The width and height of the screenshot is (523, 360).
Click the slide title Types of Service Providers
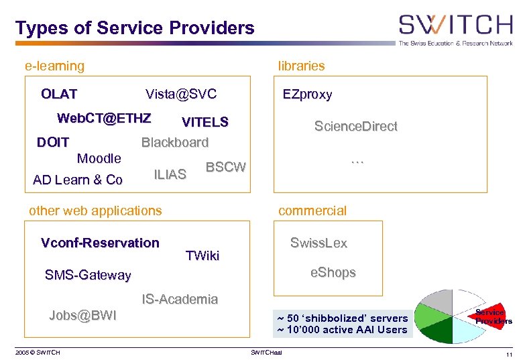coord(135,28)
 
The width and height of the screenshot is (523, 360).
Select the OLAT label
coord(59,94)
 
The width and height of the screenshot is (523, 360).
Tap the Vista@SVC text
coord(181,94)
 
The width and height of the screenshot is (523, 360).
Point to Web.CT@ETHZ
coord(104,119)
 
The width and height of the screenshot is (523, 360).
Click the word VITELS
coord(205,122)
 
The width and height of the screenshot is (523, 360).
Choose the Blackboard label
coord(174,142)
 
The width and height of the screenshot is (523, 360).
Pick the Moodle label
coord(99,159)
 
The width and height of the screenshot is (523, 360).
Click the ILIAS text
coord(170,175)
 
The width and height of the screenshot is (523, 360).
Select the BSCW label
coord(225,167)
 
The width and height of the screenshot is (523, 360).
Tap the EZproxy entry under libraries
coord(307,95)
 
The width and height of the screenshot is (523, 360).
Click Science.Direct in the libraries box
coord(356,126)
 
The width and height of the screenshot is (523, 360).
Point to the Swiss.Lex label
coord(318,243)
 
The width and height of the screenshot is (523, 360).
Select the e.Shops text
coord(333,273)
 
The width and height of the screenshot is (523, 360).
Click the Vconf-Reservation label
coord(100,243)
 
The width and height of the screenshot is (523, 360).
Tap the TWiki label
coord(202,255)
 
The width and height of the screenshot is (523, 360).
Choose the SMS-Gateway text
coord(88,275)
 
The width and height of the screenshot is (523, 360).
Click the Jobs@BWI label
coord(82,315)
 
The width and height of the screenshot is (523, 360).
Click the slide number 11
coord(510,353)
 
